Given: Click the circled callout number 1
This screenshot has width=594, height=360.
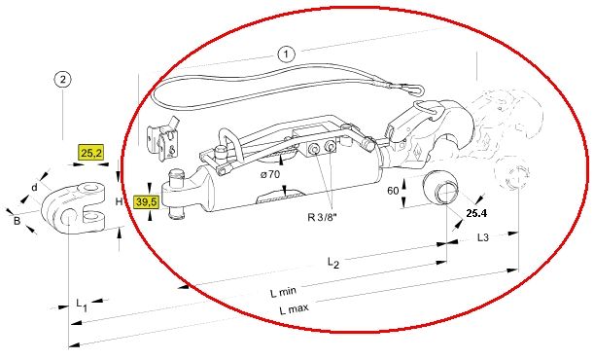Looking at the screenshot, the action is coord(286,54).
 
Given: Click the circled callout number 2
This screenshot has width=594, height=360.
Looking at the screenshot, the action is coord(62,80).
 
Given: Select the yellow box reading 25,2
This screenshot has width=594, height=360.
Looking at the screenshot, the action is coord(91,153).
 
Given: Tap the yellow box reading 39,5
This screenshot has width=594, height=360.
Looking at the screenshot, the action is coord(146,202).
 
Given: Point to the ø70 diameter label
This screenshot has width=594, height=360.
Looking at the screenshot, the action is coord(269,174).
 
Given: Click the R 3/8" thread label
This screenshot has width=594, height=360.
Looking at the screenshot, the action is coord(323,218).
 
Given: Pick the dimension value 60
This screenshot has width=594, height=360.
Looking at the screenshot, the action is coord(393,191).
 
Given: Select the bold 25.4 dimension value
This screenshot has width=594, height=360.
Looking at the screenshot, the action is coord(476,213).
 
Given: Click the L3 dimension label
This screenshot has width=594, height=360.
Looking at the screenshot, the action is coord(483,237).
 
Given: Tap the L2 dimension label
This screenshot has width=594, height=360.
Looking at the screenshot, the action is coord(333,263).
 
